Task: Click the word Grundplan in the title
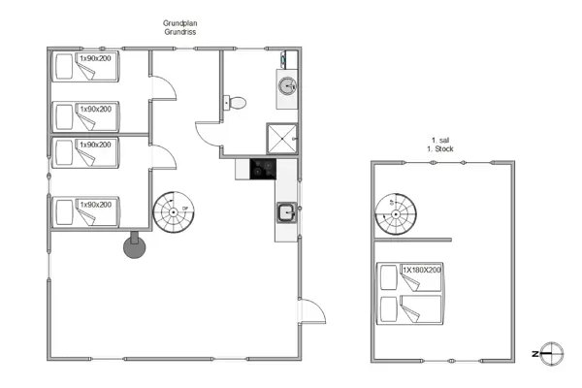[x=181, y=24]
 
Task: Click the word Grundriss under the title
[x=181, y=34]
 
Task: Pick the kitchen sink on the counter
[x=286, y=212]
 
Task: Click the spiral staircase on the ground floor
[x=174, y=211]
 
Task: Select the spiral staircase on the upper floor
[x=396, y=212]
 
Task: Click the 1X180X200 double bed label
[x=422, y=269]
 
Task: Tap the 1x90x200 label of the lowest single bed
[x=96, y=204]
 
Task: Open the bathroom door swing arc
[x=207, y=133]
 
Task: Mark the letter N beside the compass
[x=534, y=354]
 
